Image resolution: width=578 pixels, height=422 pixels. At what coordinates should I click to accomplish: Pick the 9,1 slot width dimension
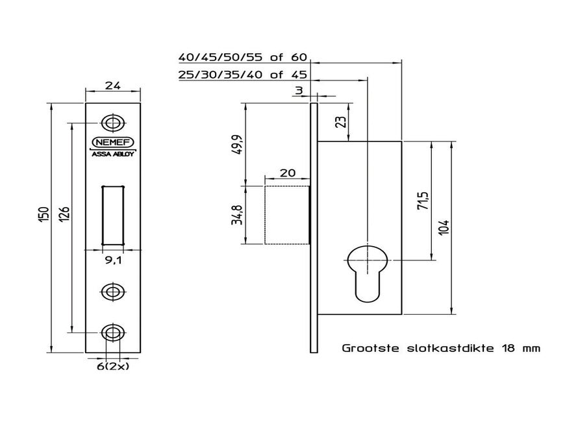[113, 261]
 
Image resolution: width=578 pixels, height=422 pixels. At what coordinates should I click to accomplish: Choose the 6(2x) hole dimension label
[112, 366]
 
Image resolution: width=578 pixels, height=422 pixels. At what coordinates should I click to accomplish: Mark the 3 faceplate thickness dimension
[299, 90]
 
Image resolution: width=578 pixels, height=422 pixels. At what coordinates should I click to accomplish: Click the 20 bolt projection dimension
[286, 173]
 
